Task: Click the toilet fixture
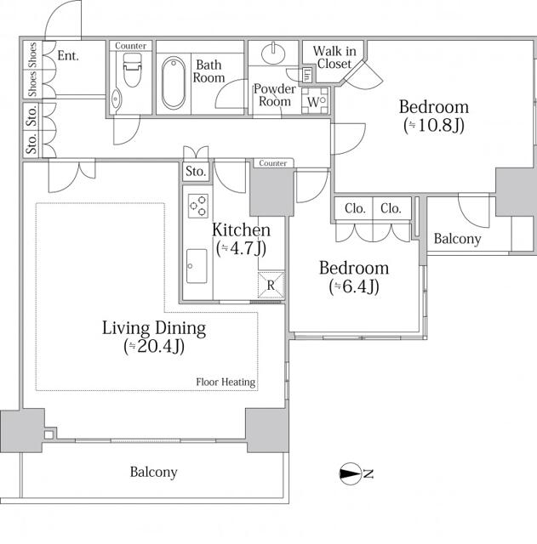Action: point(130,73)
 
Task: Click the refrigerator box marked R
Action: point(270,285)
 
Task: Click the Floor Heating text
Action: point(226,382)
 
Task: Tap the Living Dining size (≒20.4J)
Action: point(154,346)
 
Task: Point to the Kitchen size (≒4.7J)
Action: point(241,248)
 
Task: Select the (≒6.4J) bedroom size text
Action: point(353,286)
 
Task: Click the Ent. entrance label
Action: point(68,56)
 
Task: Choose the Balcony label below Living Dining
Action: point(153,472)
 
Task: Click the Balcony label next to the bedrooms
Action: point(457,239)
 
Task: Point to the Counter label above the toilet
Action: point(130,46)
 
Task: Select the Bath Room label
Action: point(210,71)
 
